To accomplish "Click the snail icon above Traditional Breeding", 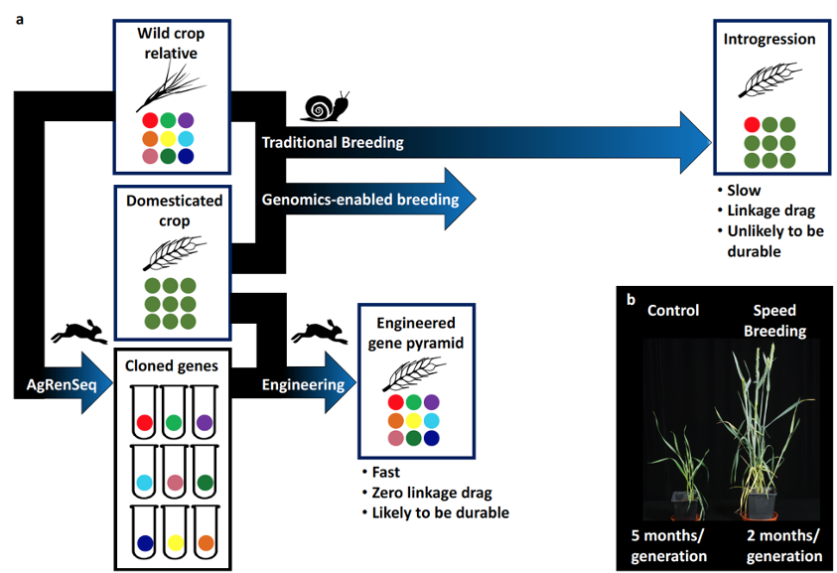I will (327, 106).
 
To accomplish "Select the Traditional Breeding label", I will (333, 142).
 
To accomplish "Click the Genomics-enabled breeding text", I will (360, 200).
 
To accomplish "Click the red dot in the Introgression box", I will (753, 124).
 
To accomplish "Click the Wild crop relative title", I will (171, 42).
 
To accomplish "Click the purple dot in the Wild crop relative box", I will (186, 120).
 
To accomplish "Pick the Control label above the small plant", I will (672, 311).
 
